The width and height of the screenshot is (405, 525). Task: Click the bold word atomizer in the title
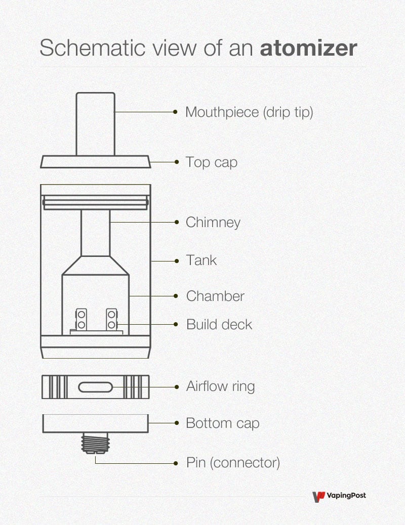click(x=308, y=49)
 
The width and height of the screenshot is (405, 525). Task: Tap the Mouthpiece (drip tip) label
click(x=249, y=112)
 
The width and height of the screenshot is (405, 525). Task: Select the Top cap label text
click(x=211, y=162)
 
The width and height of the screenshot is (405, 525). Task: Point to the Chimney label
click(x=213, y=222)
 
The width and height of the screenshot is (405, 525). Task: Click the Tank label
click(x=201, y=260)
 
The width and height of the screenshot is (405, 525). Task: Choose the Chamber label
click(x=215, y=296)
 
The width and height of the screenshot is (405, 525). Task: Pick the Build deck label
click(x=219, y=324)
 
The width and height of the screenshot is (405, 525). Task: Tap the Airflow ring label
click(x=220, y=387)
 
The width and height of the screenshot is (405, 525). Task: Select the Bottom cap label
click(x=222, y=423)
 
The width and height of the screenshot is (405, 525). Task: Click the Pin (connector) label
click(x=233, y=462)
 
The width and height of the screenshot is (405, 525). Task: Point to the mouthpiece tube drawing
click(x=95, y=123)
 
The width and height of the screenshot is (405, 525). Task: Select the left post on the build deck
click(x=80, y=319)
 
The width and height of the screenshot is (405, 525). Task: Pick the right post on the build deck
click(x=111, y=319)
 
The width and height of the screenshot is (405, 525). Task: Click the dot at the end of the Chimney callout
click(x=176, y=222)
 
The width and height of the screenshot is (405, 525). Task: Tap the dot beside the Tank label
click(x=176, y=261)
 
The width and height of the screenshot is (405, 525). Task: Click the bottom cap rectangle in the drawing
click(x=95, y=423)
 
